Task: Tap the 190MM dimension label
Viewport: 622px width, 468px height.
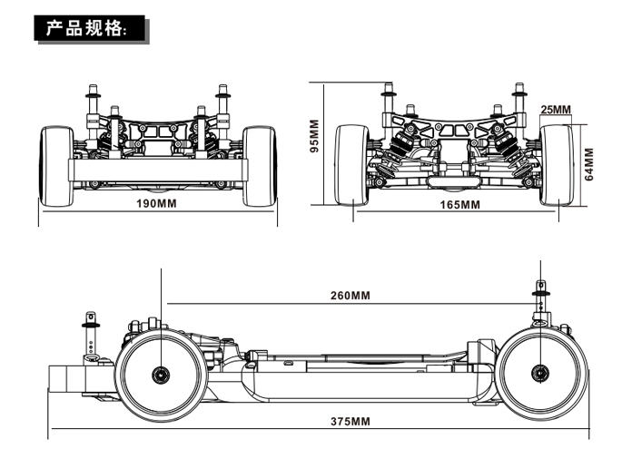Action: coord(156,203)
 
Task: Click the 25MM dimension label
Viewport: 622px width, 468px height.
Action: coord(555,110)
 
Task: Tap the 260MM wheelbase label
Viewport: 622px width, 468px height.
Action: coord(350,296)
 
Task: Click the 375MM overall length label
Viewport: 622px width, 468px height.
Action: coord(350,421)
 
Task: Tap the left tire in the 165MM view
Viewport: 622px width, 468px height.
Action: coord(351,164)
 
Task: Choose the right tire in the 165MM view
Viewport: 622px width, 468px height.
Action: coord(556,164)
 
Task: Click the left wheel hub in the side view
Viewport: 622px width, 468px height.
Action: coord(162,372)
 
